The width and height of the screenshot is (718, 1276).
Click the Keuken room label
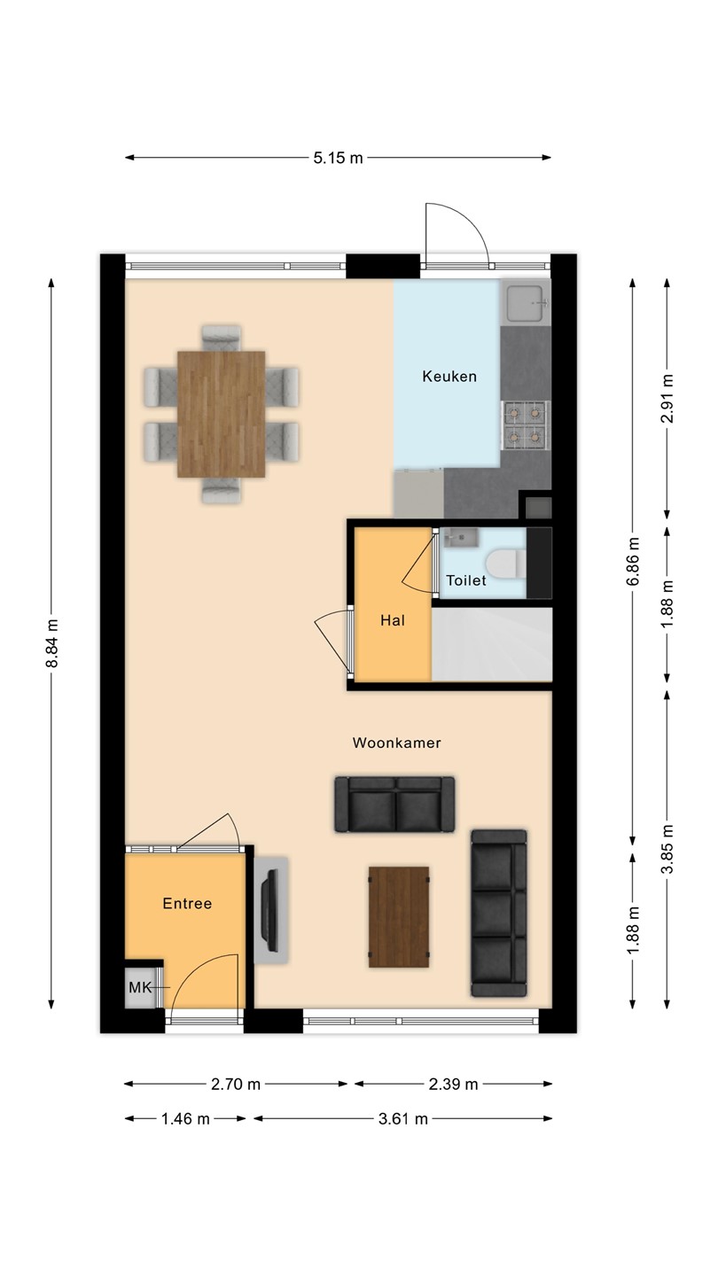click(449, 376)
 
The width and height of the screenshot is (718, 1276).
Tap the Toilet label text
click(466, 580)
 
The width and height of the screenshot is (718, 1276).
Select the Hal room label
click(393, 620)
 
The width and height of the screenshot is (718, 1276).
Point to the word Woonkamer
click(396, 743)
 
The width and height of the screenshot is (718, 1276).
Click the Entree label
click(188, 904)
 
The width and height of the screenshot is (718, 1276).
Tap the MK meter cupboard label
click(140, 987)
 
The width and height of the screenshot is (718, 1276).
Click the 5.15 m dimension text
click(338, 158)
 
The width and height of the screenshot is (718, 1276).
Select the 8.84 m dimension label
click(51, 643)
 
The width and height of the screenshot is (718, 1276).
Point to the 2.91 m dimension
click(667, 398)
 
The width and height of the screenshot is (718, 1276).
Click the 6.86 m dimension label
click(633, 561)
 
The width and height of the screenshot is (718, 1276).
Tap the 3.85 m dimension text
click(667, 849)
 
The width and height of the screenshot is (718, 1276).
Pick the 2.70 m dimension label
click(236, 1084)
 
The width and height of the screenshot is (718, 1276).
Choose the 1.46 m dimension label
click(186, 1119)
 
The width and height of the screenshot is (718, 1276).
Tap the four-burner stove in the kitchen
click(526, 424)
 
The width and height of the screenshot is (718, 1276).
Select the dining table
click(221, 414)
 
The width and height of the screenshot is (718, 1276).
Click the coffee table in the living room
click(399, 917)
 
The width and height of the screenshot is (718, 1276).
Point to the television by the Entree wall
click(271, 911)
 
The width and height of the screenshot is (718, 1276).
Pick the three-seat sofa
click(498, 913)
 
